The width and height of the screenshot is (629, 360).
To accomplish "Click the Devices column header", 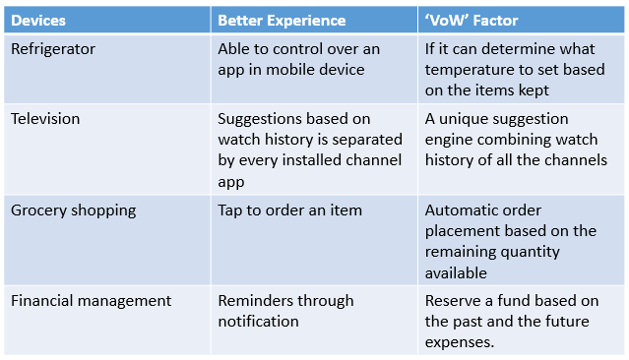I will [x=40, y=20].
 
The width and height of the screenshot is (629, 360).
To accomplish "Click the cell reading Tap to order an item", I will [x=290, y=210].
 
